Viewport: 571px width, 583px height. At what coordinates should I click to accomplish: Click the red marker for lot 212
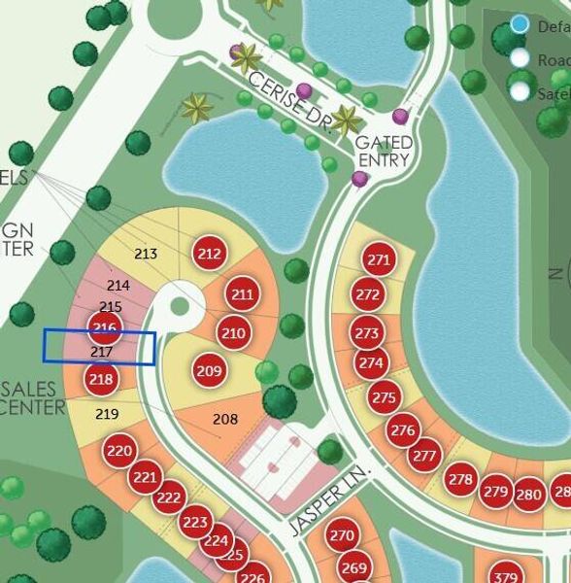pos(209,255)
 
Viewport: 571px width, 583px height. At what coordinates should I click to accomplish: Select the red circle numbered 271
pos(379,259)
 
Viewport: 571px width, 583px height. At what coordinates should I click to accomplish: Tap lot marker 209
pos(209,370)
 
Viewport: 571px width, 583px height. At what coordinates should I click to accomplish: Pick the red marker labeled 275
pos(385,398)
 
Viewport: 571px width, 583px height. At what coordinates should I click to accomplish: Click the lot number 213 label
pos(146,255)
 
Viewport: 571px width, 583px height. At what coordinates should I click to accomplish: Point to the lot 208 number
pos(225,419)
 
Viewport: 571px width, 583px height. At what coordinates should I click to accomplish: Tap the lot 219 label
pos(108,414)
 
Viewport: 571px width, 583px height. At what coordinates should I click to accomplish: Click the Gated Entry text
pos(386,151)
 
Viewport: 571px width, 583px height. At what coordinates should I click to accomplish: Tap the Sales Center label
pos(29,397)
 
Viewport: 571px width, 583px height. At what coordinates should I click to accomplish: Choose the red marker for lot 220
pos(119,451)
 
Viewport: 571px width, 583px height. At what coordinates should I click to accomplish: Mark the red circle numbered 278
pos(460,479)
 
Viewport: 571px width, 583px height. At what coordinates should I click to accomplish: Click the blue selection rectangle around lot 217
pos(100,348)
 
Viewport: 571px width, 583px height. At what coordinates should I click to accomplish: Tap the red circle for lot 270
pos(341,535)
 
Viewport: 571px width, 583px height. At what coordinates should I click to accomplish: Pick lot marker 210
pos(233,333)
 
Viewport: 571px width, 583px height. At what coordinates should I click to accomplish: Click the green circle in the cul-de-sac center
pos(180,306)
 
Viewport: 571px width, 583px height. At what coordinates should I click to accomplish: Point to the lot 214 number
pos(118,286)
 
